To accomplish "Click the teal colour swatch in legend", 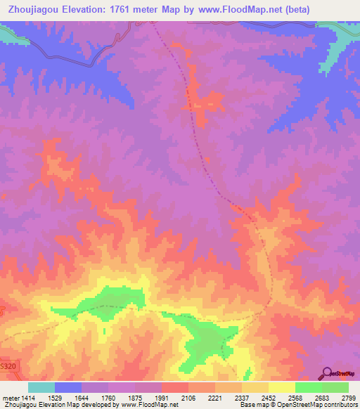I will point(41,387).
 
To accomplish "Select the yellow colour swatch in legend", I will point(282,387).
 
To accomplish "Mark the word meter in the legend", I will point(8,397).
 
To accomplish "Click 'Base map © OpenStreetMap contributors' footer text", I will point(297,405).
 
